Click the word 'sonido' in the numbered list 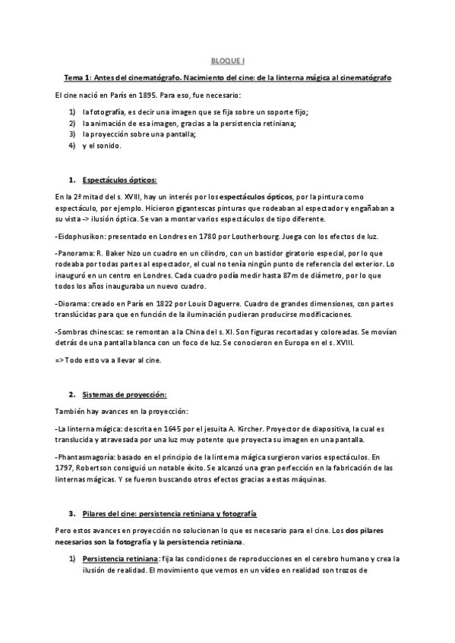tap(112, 145)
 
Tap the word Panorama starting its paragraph tap(75, 253)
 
